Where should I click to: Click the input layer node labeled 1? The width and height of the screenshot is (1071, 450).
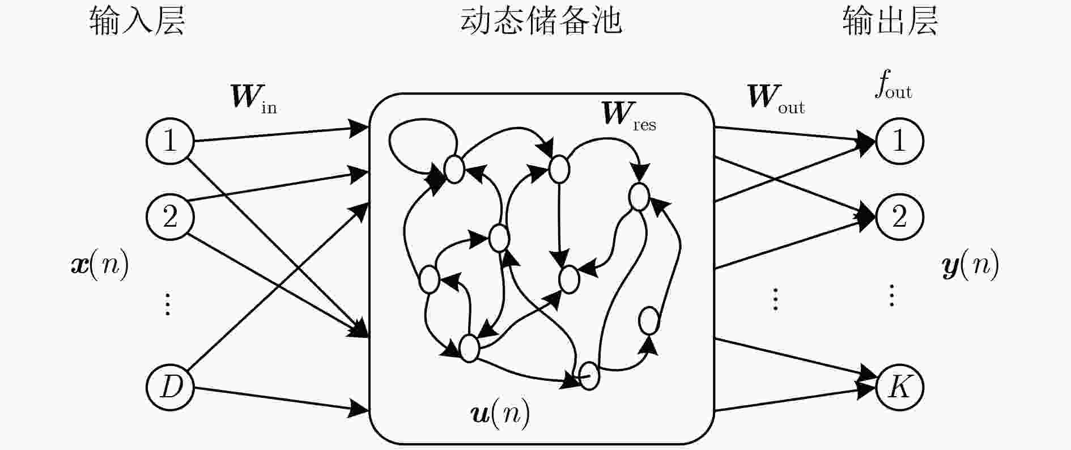pyautogui.click(x=170, y=141)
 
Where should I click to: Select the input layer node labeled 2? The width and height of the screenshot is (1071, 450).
pyautogui.click(x=170, y=217)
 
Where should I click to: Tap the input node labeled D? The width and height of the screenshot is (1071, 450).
pyautogui.click(x=170, y=387)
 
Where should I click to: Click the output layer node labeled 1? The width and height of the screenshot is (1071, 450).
pyautogui.click(x=899, y=141)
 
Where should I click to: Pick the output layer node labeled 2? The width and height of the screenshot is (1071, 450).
pyautogui.click(x=899, y=217)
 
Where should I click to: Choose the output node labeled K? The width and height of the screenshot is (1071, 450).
pyautogui.click(x=899, y=387)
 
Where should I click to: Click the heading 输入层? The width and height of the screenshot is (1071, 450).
pyautogui.click(x=137, y=22)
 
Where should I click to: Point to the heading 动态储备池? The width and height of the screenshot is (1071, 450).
pyautogui.click(x=541, y=22)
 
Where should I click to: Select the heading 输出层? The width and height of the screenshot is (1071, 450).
pyautogui.click(x=890, y=22)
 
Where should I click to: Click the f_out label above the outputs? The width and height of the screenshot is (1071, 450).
pyautogui.click(x=892, y=88)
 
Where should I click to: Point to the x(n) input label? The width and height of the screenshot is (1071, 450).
pyautogui.click(x=100, y=265)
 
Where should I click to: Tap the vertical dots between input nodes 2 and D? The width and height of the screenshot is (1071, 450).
pyautogui.click(x=168, y=304)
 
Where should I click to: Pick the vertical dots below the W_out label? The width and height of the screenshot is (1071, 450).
pyautogui.click(x=775, y=299)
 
